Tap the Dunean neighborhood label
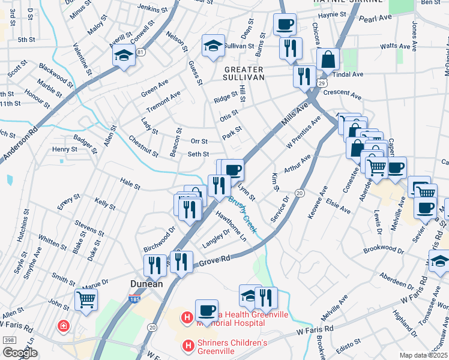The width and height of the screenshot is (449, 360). [147, 284]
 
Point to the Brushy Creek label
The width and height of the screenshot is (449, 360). [242, 215]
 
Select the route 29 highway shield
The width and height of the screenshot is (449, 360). [322, 82]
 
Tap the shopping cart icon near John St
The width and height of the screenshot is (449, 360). [86, 299]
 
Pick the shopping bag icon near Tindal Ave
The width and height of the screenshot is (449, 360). [328, 59]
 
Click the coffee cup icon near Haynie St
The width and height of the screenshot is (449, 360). [285, 24]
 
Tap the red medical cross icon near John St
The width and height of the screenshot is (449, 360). [63, 326]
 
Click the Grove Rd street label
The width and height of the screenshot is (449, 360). [215, 260]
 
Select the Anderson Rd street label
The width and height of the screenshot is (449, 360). [18, 147]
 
